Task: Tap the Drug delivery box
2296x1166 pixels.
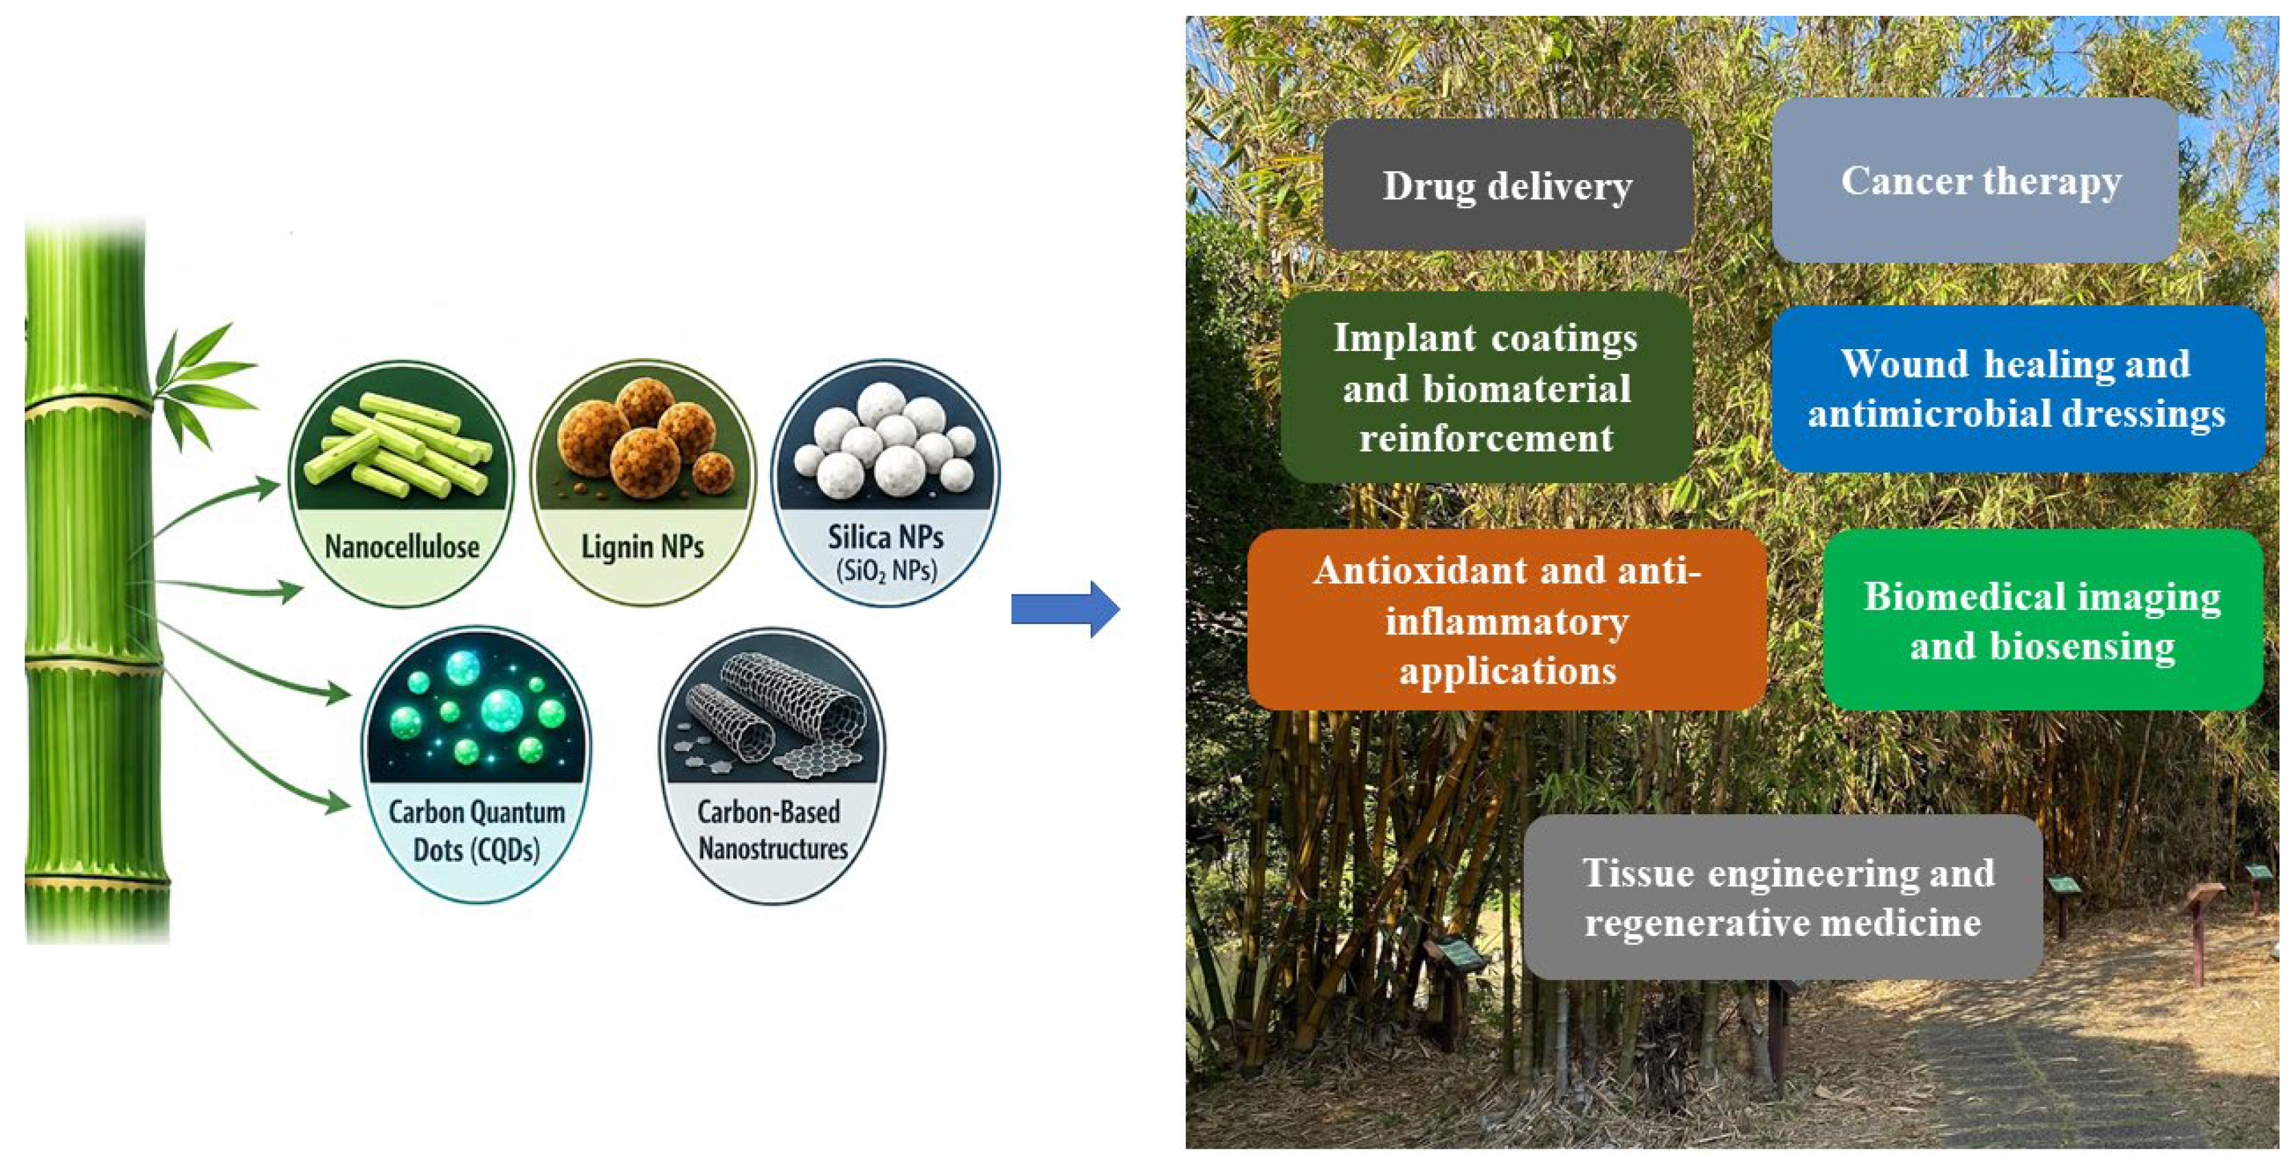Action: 1507,185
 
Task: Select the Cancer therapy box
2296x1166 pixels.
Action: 1974,180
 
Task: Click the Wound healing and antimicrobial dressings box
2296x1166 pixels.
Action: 2018,389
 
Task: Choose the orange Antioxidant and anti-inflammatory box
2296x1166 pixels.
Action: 1507,620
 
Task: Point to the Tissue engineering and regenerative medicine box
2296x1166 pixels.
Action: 1783,897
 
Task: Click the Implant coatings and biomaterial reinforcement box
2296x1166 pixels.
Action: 1487,387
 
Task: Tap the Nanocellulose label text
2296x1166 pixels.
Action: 402,546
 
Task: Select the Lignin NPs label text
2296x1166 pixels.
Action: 642,546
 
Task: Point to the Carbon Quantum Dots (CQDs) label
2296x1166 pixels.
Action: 477,830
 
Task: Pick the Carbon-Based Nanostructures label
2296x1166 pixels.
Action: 773,830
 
